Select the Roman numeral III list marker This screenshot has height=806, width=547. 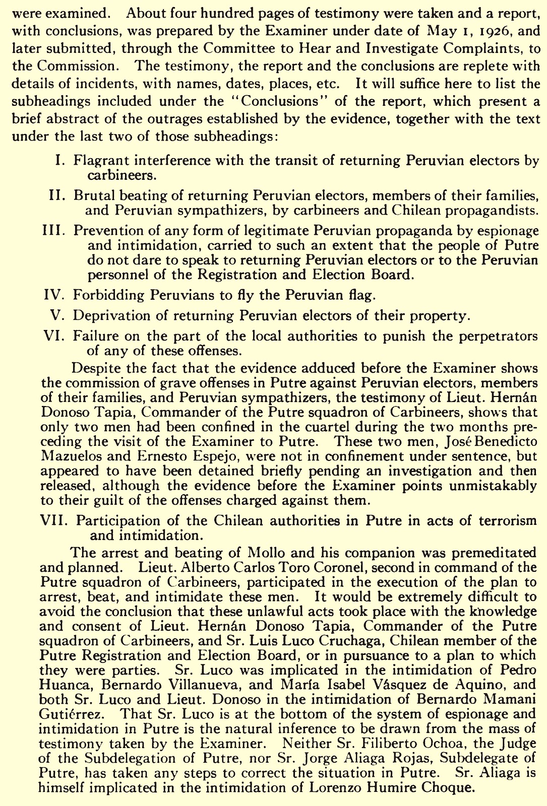tap(54, 230)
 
